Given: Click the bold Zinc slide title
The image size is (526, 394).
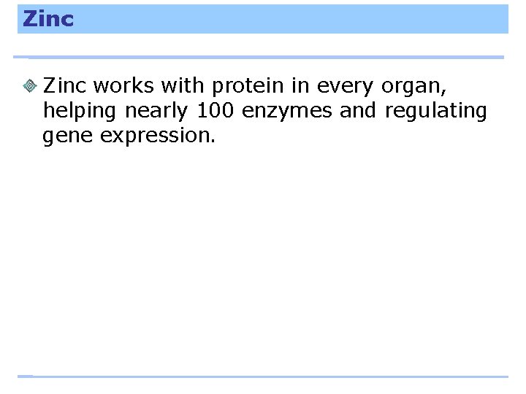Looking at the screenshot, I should pyautogui.click(x=48, y=19).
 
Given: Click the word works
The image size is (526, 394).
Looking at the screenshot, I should pyautogui.click(x=123, y=86).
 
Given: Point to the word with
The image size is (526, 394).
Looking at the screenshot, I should pyautogui.click(x=183, y=86).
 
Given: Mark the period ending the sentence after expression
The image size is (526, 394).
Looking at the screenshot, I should pyautogui.click(x=213, y=141).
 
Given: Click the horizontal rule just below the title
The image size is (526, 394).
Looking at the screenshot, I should pyautogui.click(x=259, y=57).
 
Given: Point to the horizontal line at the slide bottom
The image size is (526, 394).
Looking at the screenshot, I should pyautogui.click(x=263, y=376).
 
